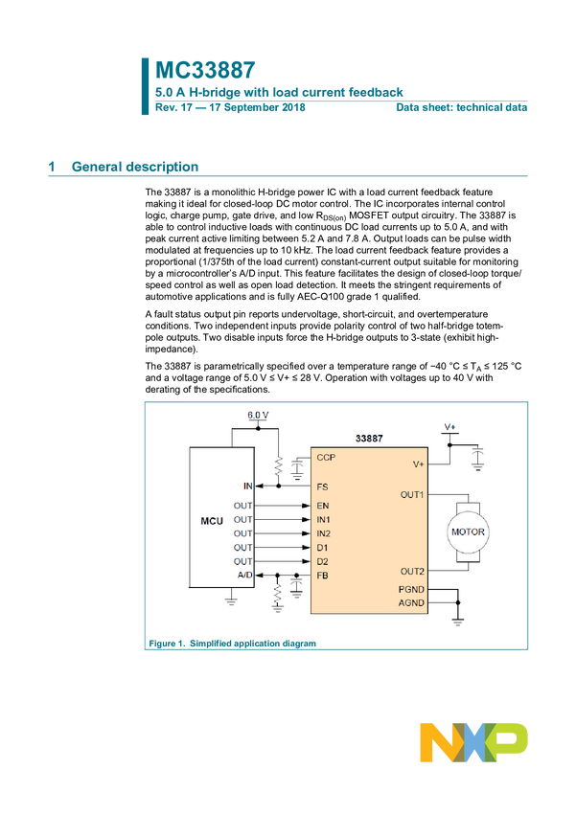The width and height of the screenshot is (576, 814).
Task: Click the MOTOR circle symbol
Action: click(x=468, y=531)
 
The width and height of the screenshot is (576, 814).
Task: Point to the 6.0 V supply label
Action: click(x=258, y=415)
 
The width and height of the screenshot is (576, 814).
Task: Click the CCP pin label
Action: click(x=325, y=458)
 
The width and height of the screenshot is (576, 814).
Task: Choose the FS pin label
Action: click(x=322, y=486)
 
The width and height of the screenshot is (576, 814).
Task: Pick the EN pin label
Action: click(x=322, y=505)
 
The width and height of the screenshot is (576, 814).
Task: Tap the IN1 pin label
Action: click(x=324, y=519)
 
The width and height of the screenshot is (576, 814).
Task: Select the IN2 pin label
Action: click(x=324, y=533)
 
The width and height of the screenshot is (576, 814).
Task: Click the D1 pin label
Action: click(x=322, y=547)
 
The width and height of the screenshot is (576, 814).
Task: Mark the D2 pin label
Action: click(x=322, y=561)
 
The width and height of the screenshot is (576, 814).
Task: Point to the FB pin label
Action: click(x=322, y=576)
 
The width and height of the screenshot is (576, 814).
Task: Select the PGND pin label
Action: click(x=412, y=589)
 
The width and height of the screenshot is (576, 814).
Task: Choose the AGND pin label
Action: click(x=412, y=603)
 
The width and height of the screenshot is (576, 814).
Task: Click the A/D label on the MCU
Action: click(x=245, y=575)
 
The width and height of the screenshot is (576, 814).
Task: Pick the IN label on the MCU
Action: click(x=247, y=486)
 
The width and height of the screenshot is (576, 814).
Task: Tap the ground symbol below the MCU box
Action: click(x=231, y=600)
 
